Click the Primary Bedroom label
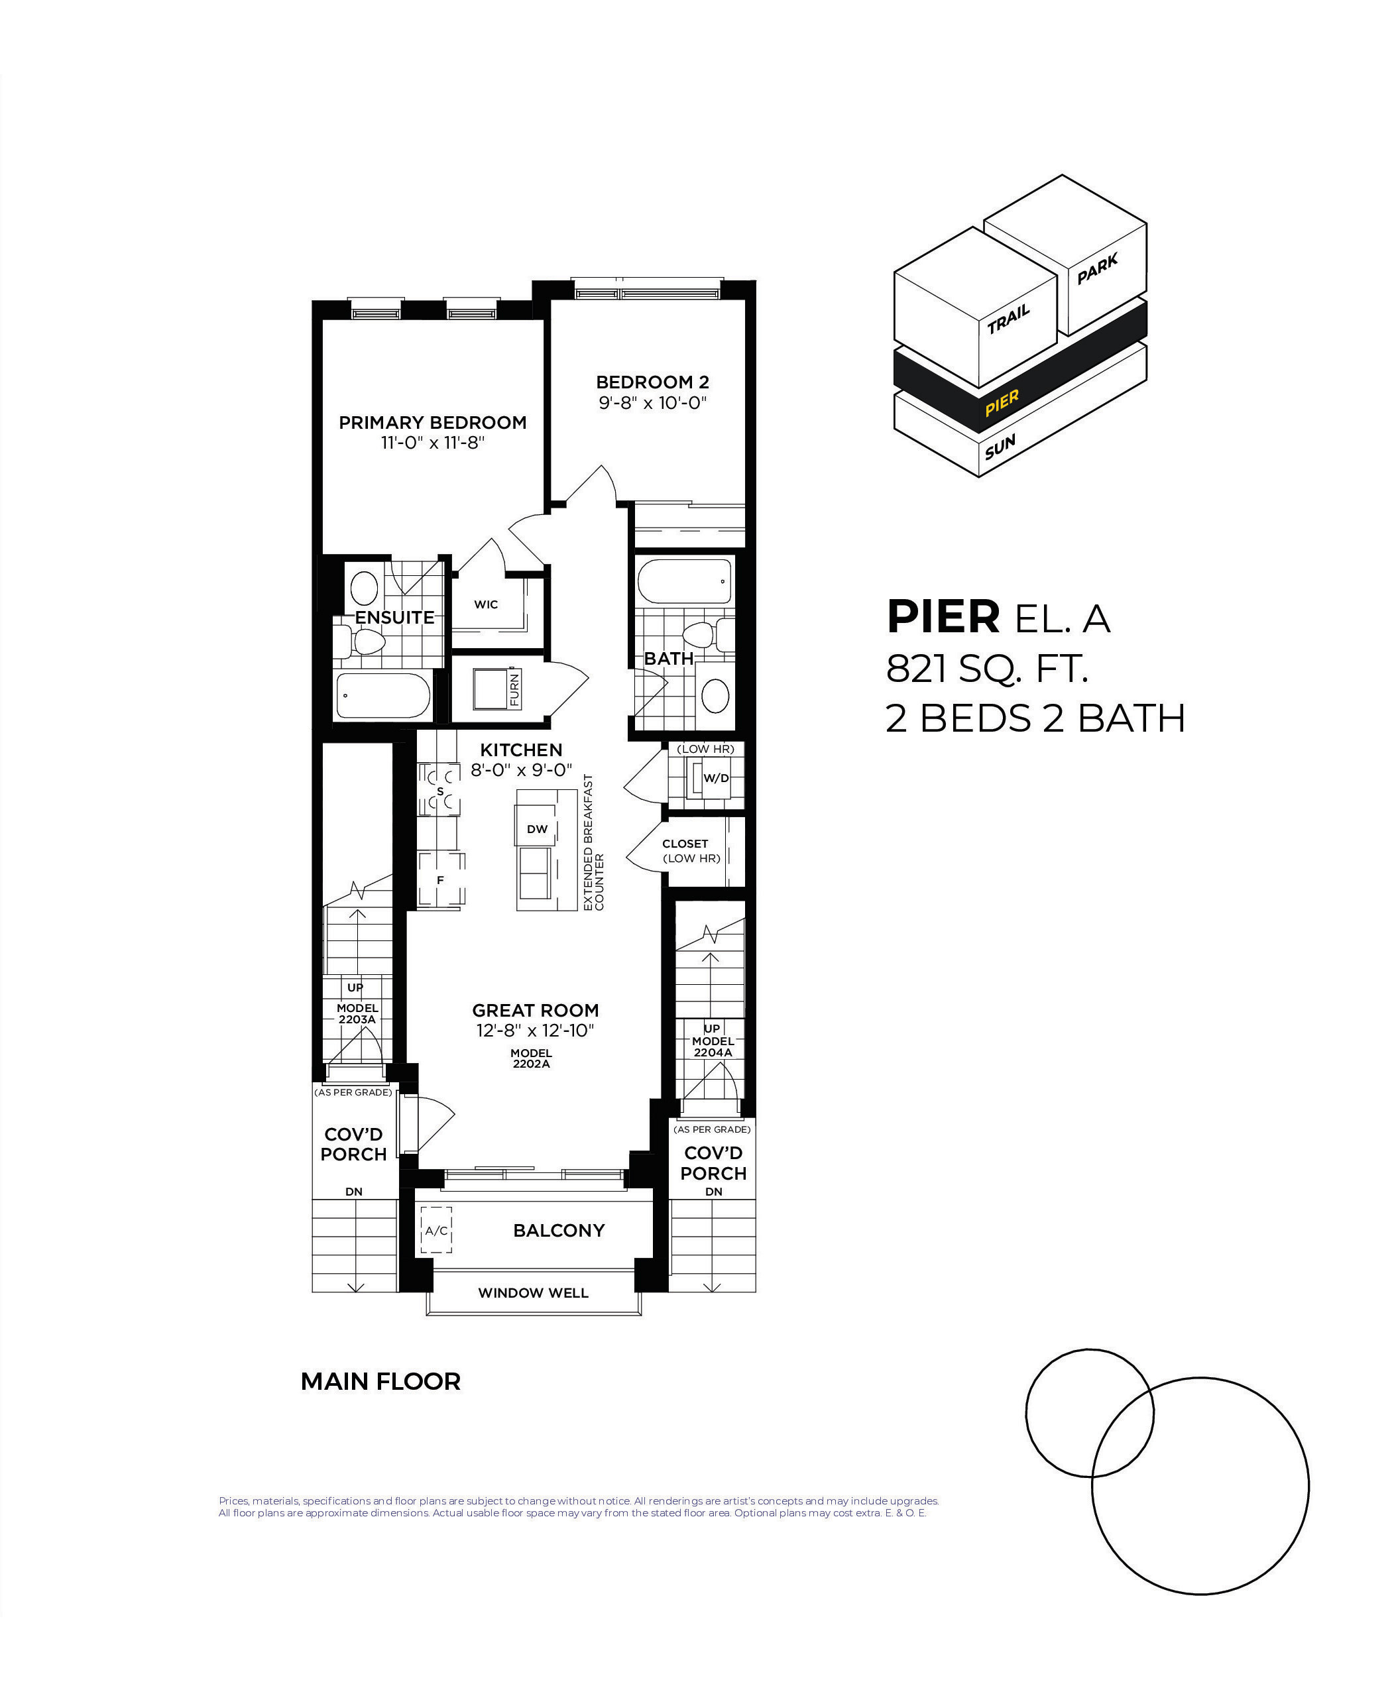click(432, 423)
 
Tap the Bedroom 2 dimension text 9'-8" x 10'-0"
click(653, 402)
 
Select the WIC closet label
click(486, 604)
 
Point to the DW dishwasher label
click(537, 829)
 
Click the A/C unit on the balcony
click(436, 1231)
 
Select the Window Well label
click(533, 1293)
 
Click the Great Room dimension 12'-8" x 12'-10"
click(535, 1030)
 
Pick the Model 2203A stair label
click(357, 1013)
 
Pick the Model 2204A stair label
click(713, 1046)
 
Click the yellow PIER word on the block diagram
click(1002, 402)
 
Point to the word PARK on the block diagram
click(1098, 269)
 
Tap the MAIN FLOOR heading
click(381, 1381)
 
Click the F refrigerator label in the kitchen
click(440, 880)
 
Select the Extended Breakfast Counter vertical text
click(593, 842)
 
